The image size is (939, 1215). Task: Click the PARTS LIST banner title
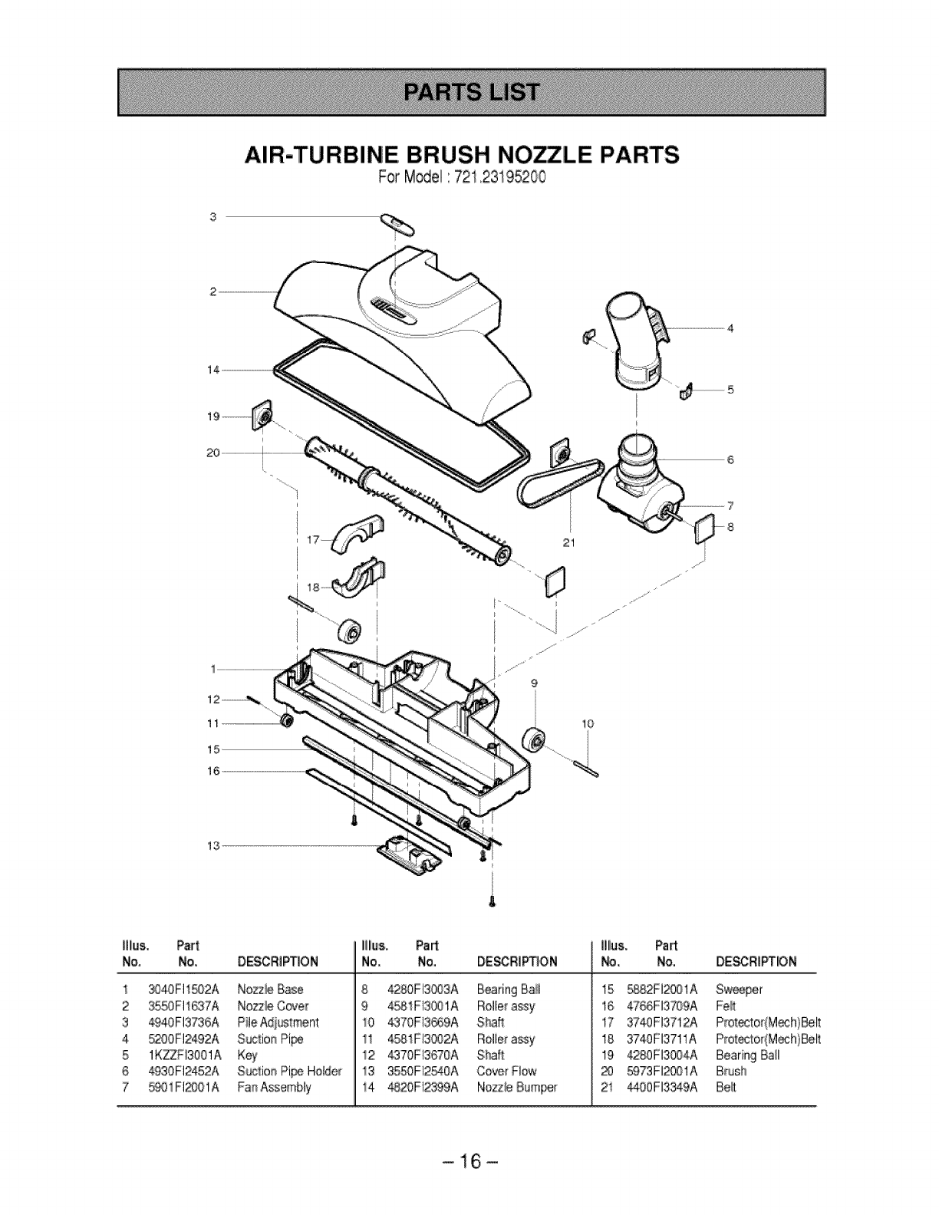pos(470,91)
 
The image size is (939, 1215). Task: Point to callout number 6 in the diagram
pos(730,459)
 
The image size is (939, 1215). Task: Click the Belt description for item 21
pos(725,1087)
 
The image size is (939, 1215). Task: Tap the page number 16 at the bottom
pos(470,1162)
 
